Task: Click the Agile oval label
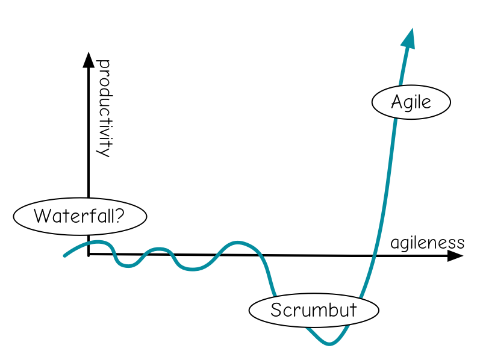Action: pyautogui.click(x=411, y=102)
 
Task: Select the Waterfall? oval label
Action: pyautogui.click(x=79, y=216)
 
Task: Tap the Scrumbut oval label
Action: pyautogui.click(x=314, y=311)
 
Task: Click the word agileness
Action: pyautogui.click(x=427, y=243)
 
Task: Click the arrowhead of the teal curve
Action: pyautogui.click(x=410, y=37)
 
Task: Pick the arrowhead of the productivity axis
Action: pyautogui.click(x=89, y=59)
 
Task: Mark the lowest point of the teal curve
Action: pyautogui.click(x=329, y=344)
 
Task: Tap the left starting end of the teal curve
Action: pyautogui.click(x=65, y=256)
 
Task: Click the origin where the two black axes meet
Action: pyautogui.click(x=89, y=254)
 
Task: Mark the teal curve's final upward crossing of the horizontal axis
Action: pyautogui.click(x=375, y=256)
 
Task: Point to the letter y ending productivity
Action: pyautogui.click(x=104, y=151)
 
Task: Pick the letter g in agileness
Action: pyautogui.click(x=405, y=244)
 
